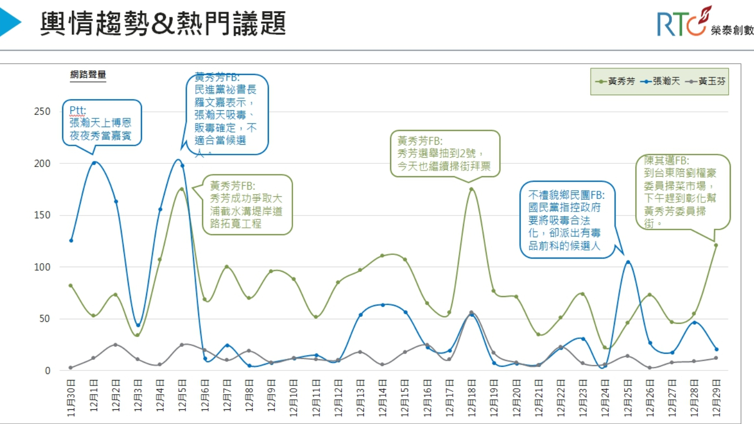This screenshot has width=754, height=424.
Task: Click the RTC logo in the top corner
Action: pos(702,23)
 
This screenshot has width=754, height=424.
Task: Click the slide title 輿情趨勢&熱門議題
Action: pos(163,24)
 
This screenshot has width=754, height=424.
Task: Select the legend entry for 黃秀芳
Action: pos(616,81)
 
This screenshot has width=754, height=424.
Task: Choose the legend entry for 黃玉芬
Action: pos(706,81)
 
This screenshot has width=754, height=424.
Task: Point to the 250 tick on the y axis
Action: pos(42,111)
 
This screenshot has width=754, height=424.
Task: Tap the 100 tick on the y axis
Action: pos(42,267)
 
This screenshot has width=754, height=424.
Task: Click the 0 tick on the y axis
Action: pos(47,370)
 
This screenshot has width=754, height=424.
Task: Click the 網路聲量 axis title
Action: pos(88,75)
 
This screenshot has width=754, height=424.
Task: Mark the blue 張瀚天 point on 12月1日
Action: pos(93,163)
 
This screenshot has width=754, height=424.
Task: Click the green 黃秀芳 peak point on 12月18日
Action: pos(472,189)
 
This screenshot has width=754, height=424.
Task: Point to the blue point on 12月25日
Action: pos(628,262)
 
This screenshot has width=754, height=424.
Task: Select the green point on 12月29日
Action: pos(716,245)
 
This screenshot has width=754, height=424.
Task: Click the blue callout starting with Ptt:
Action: pos(101,122)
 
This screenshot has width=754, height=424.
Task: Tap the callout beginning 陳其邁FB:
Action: pos(682,192)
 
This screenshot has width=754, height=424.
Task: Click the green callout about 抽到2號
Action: pos(444,153)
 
